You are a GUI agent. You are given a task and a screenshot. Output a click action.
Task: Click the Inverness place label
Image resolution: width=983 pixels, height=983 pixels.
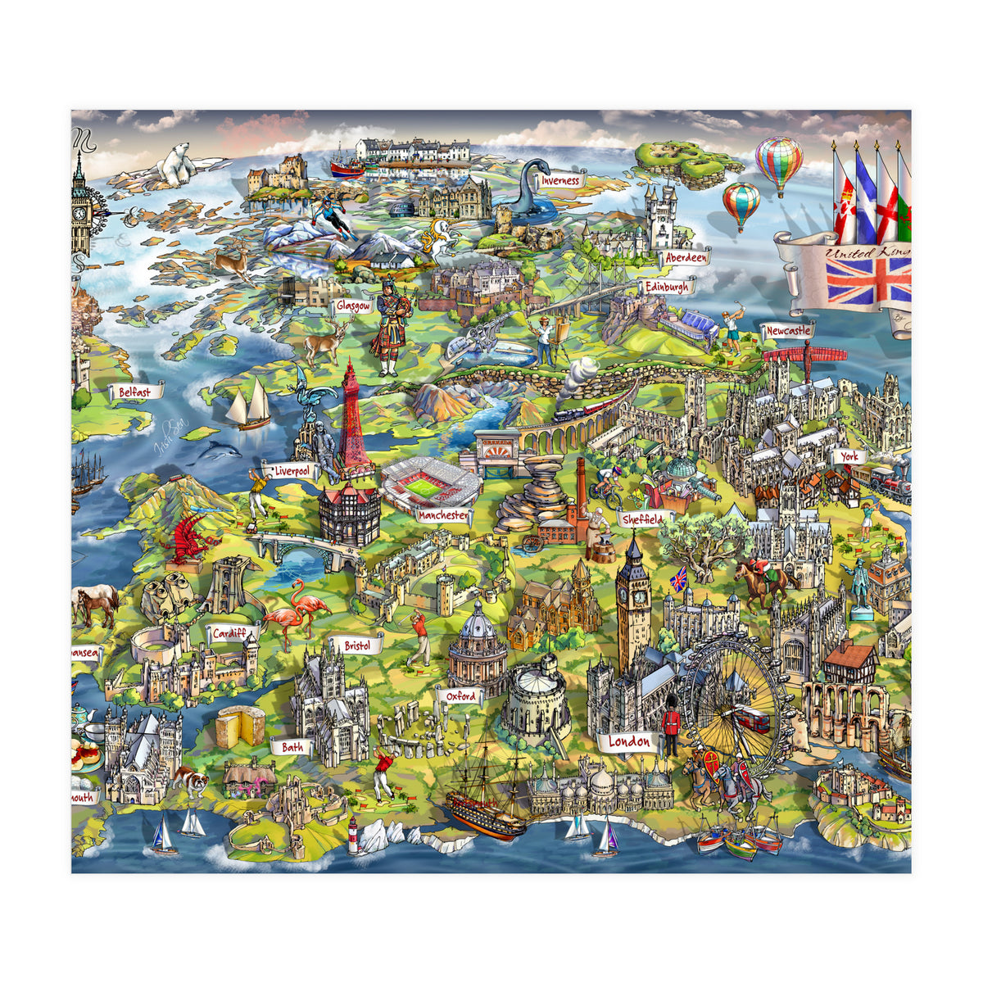pyautogui.click(x=560, y=180)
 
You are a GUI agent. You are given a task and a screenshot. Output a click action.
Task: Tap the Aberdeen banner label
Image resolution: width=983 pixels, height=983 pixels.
pyautogui.click(x=686, y=257)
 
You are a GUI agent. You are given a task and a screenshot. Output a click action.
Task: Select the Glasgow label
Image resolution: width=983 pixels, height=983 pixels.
pyautogui.click(x=354, y=306)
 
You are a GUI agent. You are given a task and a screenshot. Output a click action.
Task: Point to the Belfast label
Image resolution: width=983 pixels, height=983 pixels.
pyautogui.click(x=134, y=392)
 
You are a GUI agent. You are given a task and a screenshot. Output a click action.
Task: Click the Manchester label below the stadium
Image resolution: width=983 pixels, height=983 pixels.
pyautogui.click(x=443, y=516)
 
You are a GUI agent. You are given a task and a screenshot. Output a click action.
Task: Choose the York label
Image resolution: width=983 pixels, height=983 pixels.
pyautogui.click(x=849, y=456)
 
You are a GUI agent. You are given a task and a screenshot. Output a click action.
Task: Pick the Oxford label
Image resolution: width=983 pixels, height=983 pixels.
pyautogui.click(x=460, y=695)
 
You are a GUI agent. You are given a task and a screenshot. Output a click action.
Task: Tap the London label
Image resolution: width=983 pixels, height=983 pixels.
pyautogui.click(x=629, y=742)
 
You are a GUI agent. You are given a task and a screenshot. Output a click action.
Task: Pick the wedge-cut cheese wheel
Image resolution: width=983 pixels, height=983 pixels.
pyautogui.click(x=240, y=726)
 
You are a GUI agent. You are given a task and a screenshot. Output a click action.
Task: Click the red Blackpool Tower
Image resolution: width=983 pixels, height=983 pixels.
pyautogui.click(x=352, y=422)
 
